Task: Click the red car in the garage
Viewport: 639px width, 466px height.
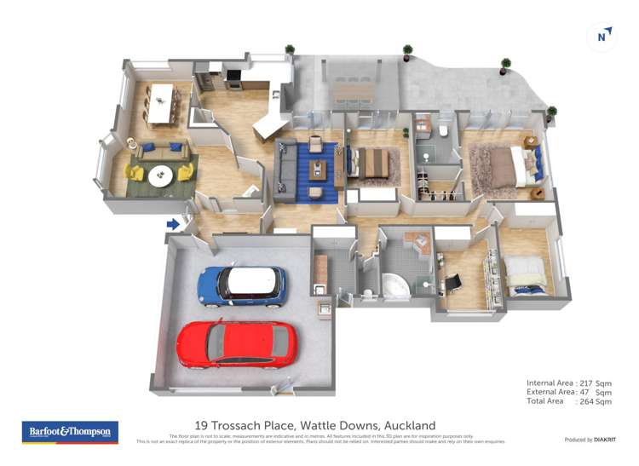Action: pos(237,344)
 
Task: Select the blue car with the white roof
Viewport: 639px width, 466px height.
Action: pos(241,285)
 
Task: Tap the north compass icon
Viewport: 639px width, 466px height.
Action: pos(603,36)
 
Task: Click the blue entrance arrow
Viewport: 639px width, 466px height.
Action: pos(173,224)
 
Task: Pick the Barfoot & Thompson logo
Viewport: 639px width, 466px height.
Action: pos(70,432)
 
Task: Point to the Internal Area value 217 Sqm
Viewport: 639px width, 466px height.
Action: pos(595,383)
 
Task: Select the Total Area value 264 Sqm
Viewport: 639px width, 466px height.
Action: pos(595,401)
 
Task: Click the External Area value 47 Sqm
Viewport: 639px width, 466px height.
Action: pos(595,392)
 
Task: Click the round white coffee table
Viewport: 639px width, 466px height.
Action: pos(160,175)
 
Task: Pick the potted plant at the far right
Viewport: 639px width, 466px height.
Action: pos(551,112)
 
